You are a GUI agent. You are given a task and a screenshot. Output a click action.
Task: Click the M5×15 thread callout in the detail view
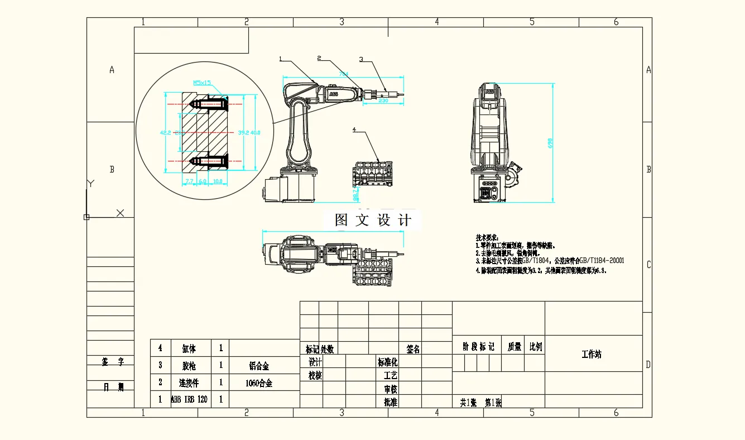click(202, 83)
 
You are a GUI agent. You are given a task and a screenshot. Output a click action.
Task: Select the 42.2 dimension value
click(165, 133)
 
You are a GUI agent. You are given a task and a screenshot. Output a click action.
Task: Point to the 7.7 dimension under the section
click(189, 181)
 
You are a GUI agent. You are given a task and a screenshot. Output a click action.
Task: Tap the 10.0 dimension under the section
click(217, 181)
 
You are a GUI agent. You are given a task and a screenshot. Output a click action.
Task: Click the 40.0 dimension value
click(255, 133)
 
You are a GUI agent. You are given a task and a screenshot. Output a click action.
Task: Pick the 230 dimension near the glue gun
click(383, 101)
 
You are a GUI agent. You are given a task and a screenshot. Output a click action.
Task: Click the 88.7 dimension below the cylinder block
click(355, 194)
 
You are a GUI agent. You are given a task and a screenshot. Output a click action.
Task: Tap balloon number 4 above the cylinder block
click(354, 130)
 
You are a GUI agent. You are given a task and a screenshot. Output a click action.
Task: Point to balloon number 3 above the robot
click(361, 59)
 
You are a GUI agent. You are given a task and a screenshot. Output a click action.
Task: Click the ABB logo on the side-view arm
click(333, 95)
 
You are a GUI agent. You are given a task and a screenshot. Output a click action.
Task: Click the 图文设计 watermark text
click(373, 220)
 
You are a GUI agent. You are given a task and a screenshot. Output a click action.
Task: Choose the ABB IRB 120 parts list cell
click(191, 400)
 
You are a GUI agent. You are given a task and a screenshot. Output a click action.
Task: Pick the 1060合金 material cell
click(259, 384)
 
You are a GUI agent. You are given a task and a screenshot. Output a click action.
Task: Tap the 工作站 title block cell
click(592, 355)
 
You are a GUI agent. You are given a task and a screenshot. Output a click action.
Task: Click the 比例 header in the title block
click(535, 347)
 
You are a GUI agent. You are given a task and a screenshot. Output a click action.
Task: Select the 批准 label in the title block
click(391, 402)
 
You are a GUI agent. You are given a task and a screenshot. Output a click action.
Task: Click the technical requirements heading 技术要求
click(487, 238)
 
